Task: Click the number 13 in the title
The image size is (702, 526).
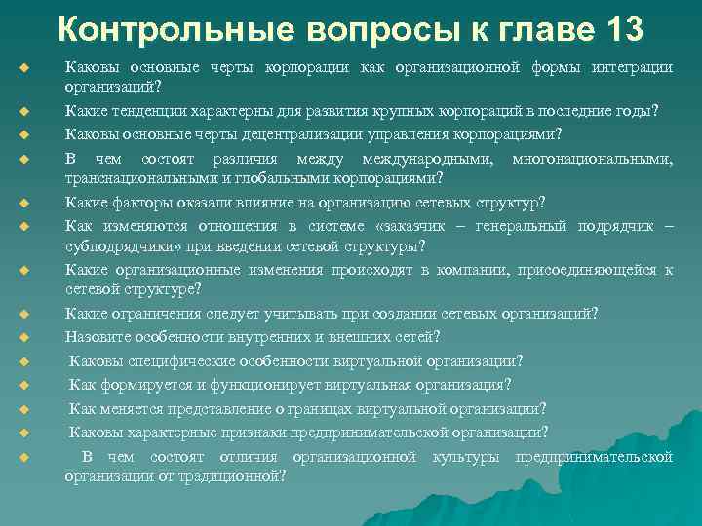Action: pos(617,29)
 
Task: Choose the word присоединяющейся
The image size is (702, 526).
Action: pos(592,270)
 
